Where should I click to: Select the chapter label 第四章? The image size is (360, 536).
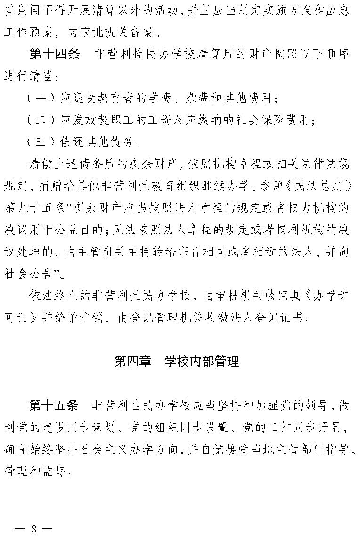coord(133,361)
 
